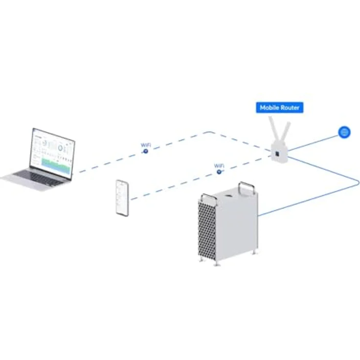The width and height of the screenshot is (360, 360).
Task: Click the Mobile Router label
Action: click(279, 108)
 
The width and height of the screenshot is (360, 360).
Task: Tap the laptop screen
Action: click(52, 153)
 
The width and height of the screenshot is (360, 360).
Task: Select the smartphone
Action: click(122, 198)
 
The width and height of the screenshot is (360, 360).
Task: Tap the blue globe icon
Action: click(344, 132)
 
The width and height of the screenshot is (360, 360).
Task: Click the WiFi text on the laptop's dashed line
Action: click(146, 145)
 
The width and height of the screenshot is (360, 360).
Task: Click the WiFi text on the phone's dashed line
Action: click(220, 166)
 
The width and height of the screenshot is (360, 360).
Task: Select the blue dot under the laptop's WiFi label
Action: click(145, 151)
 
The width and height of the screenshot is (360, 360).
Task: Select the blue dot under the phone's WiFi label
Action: click(219, 172)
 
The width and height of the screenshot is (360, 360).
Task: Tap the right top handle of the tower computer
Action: click(247, 187)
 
